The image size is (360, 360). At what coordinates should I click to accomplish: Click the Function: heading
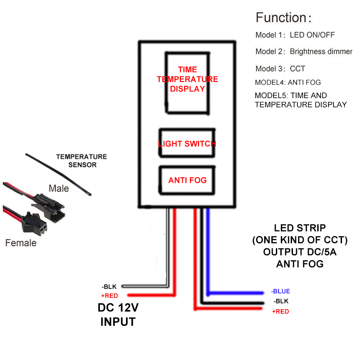tap(283, 18)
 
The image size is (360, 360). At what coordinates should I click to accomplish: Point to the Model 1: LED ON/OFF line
tap(295, 35)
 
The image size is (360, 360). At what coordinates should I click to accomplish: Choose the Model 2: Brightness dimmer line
tap(304, 51)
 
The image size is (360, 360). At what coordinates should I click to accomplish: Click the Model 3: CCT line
tap(280, 69)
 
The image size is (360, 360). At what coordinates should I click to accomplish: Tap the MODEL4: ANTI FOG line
tap(288, 82)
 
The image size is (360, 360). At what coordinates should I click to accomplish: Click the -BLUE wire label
tap(280, 291)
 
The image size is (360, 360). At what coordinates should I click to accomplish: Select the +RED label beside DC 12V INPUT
tap(109, 296)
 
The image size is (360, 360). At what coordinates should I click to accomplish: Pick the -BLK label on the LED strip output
tap(281, 301)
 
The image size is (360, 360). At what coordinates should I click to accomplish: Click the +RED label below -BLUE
tap(280, 311)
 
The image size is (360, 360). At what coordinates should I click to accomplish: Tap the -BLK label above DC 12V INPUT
tap(109, 287)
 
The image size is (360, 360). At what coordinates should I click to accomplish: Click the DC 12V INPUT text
tap(118, 315)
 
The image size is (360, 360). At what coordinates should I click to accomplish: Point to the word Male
tap(59, 189)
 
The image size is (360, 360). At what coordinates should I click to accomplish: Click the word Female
tap(21, 243)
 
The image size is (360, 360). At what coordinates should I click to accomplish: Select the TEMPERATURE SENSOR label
tap(82, 161)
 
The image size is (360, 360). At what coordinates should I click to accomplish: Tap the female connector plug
tap(35, 223)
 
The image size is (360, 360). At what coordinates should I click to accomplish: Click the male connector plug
tap(49, 208)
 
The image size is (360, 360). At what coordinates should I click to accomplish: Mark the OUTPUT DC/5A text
tap(300, 252)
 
